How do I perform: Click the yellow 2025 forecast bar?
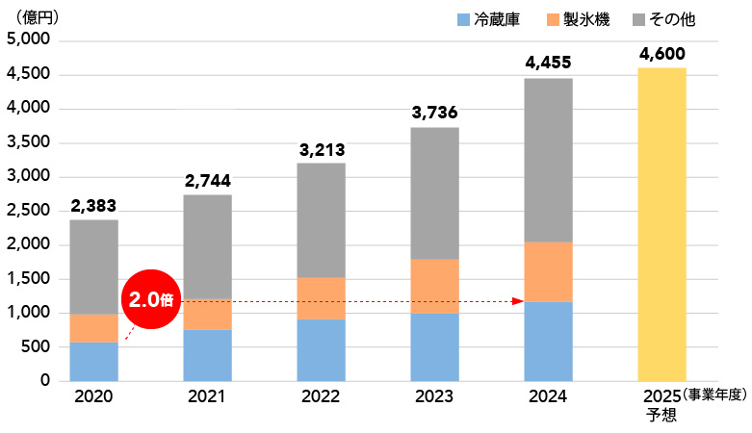[x=661, y=224]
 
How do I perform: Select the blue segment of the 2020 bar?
[x=93, y=361]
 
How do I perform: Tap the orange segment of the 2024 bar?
[x=548, y=271]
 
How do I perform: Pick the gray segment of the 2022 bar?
[x=321, y=220]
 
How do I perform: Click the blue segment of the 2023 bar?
[x=434, y=346]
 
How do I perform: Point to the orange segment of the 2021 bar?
[x=207, y=315]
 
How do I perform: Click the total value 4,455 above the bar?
[x=548, y=64]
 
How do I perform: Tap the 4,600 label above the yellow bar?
[x=661, y=53]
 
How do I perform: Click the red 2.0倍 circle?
[x=151, y=299]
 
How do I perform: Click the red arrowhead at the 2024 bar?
[x=517, y=301]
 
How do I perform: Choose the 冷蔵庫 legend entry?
[x=487, y=19]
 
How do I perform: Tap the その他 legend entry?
[x=663, y=19]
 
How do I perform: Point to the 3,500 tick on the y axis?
[x=30, y=142]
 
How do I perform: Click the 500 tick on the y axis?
[x=37, y=347]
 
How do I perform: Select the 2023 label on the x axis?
[x=434, y=396]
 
